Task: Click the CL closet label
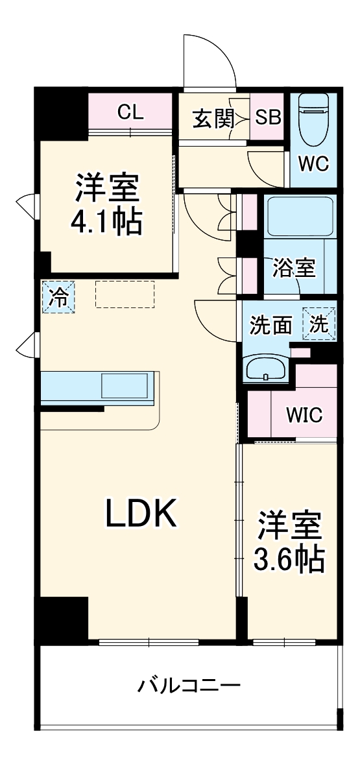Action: (x=130, y=113)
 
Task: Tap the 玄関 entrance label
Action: (x=212, y=119)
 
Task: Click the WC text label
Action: (x=313, y=163)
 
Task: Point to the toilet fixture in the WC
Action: (x=314, y=120)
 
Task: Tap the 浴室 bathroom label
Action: (x=294, y=268)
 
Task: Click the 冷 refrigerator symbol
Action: (x=58, y=297)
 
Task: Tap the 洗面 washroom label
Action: (x=272, y=324)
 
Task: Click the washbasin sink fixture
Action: (x=266, y=368)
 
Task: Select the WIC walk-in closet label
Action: (x=305, y=414)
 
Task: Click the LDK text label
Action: (x=141, y=515)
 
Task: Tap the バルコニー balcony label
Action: (x=189, y=686)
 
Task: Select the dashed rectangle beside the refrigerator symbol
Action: (x=125, y=294)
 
